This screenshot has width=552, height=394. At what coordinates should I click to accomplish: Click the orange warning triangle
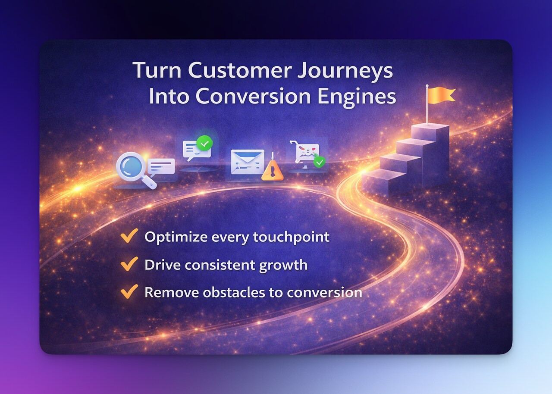point(273,171)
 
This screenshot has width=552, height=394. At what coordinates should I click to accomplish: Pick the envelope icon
point(247,162)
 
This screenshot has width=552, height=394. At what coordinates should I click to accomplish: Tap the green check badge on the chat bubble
point(204,143)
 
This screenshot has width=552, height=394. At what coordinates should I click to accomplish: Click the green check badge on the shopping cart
point(319,162)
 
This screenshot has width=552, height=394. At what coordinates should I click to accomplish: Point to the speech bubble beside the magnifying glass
point(161,166)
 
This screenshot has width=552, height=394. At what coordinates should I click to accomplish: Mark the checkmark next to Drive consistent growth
point(129,264)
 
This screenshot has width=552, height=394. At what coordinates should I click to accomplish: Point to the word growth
point(283,265)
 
